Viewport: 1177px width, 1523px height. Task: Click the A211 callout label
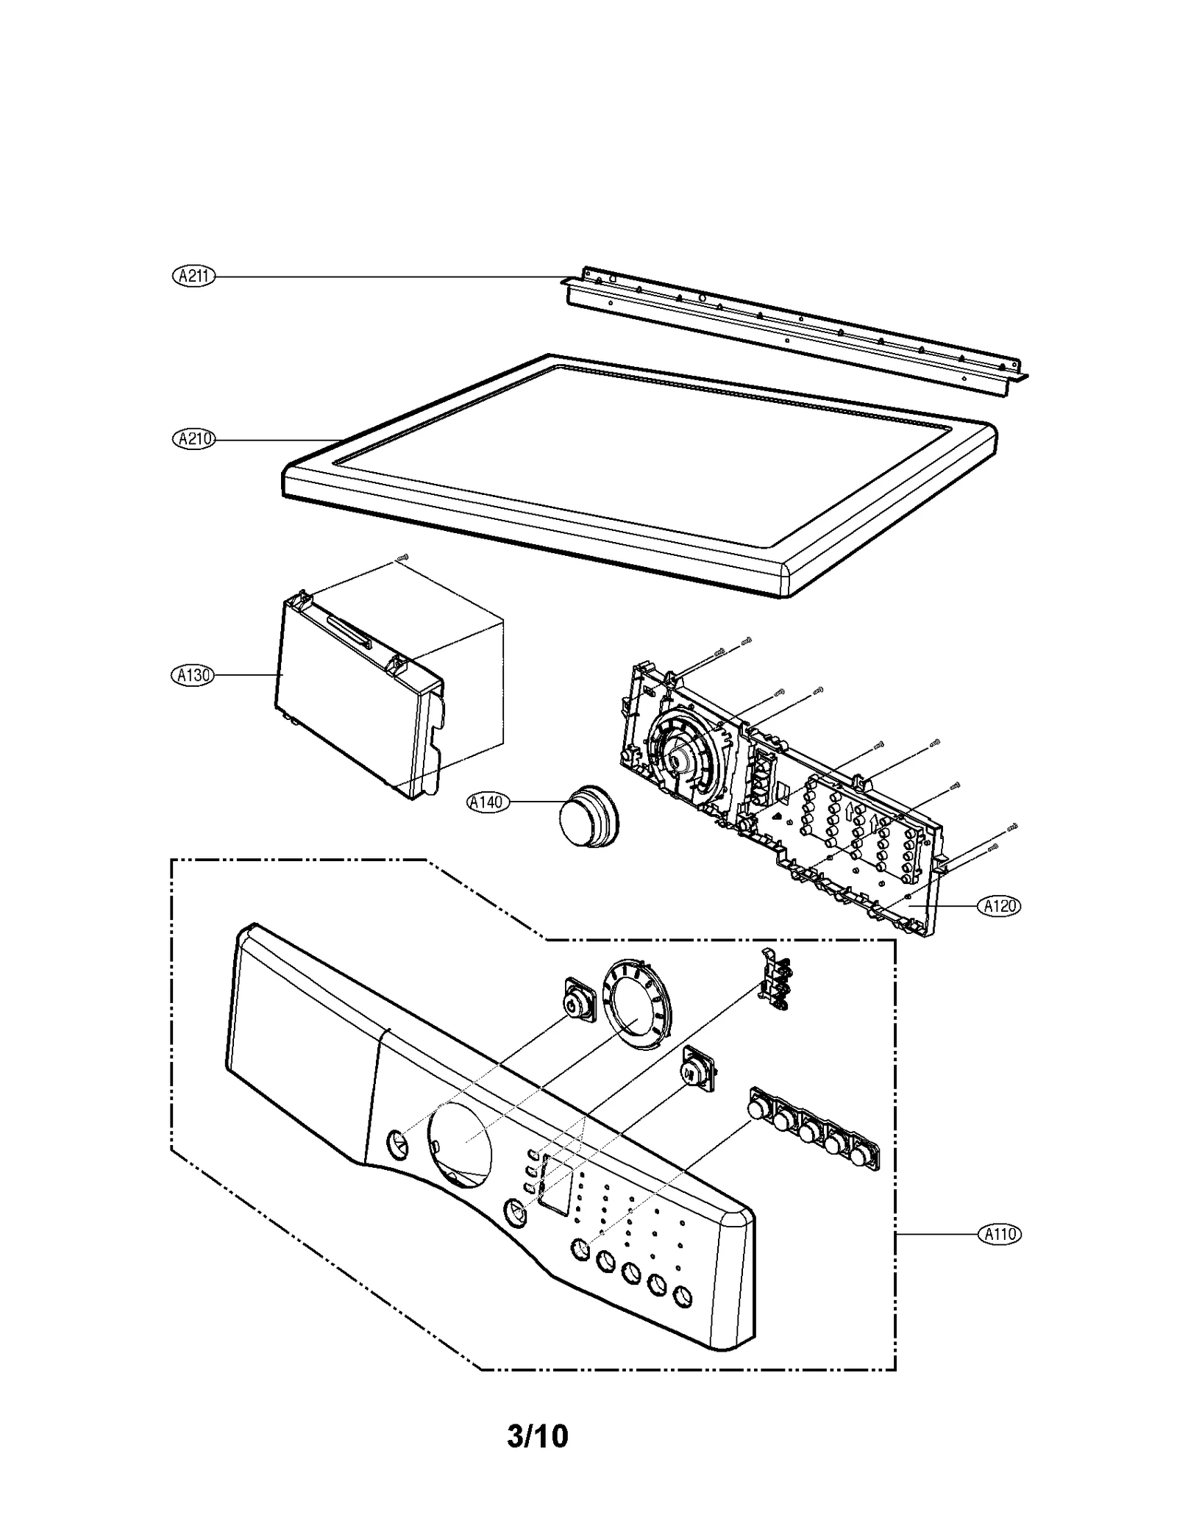click(193, 277)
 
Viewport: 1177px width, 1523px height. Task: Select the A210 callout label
click(193, 439)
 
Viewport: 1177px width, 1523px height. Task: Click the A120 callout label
click(1000, 906)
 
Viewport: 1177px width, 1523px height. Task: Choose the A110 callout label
click(1000, 1233)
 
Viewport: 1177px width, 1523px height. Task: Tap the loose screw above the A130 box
click(402, 558)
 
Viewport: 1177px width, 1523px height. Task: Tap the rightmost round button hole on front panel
click(682, 1296)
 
